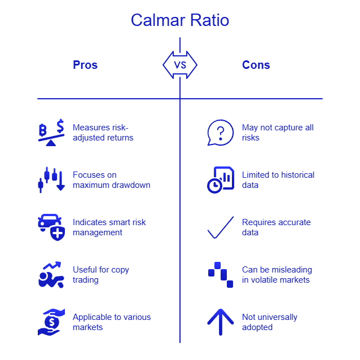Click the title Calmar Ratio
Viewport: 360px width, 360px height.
point(179,20)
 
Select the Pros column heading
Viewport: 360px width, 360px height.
point(85,65)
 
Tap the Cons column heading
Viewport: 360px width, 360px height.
point(256,65)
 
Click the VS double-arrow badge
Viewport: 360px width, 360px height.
point(180,65)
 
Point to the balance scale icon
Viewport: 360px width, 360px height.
point(51,133)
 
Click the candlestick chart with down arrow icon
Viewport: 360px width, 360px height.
point(51,180)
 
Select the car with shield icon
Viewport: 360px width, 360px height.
point(51,227)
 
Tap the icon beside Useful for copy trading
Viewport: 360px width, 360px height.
point(51,275)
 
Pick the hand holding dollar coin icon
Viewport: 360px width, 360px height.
point(51,322)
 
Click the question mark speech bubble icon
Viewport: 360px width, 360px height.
point(220,133)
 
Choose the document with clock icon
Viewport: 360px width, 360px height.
point(220,180)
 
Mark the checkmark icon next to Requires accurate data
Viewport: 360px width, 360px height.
point(220,227)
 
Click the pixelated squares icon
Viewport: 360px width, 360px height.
point(220,275)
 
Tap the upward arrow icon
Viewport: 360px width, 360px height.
point(220,322)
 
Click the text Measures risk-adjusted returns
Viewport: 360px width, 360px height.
point(103,133)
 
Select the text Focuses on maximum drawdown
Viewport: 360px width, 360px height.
point(111,180)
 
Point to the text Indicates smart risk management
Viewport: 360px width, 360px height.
point(109,227)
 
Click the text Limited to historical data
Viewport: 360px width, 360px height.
point(278,180)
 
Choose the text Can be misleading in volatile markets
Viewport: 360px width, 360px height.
point(276,275)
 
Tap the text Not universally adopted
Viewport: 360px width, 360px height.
point(269,322)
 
